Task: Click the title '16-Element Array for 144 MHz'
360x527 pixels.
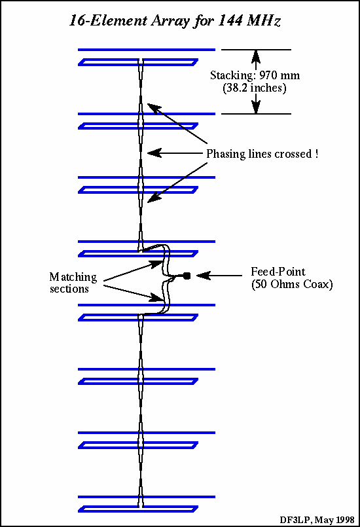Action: click(175, 20)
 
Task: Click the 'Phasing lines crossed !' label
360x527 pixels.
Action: click(262, 154)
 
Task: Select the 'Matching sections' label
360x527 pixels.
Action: click(73, 283)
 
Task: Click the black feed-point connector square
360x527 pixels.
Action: click(187, 276)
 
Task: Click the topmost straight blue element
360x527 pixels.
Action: click(147, 50)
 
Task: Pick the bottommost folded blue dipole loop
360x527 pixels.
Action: click(137, 509)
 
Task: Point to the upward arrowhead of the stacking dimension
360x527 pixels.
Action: click(256, 55)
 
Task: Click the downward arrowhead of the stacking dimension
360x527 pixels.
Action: click(256, 108)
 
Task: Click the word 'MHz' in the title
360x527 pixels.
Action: click(264, 20)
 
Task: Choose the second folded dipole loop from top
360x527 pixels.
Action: click(137, 125)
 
